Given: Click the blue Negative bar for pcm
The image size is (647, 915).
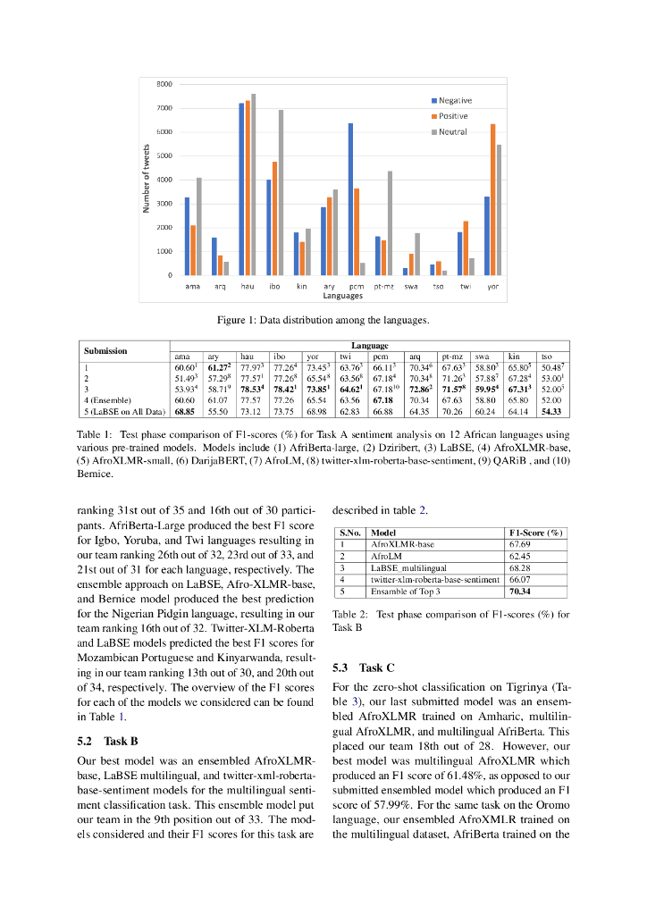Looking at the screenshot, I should click(350, 199).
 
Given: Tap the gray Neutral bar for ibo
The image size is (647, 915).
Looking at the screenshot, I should click(281, 192).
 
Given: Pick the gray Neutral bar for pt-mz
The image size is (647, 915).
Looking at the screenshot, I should click(390, 222).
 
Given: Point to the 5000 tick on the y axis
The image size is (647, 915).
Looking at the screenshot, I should click(165, 155).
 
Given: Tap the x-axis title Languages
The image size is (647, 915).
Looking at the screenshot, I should click(343, 295).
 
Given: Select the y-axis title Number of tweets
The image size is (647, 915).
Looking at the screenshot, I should click(145, 180).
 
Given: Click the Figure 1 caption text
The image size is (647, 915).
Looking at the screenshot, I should click(323, 320).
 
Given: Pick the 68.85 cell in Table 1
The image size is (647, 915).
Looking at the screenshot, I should click(185, 411).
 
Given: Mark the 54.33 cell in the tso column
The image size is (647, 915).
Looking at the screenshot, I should click(551, 411).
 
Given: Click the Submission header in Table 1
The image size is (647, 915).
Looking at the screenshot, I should click(105, 350).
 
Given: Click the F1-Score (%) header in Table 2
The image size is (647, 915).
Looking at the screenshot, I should click(535, 533).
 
